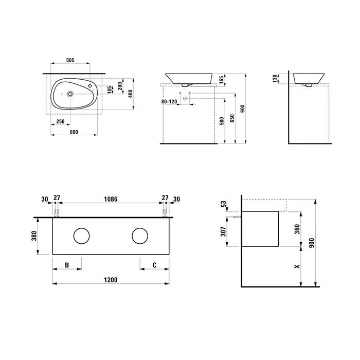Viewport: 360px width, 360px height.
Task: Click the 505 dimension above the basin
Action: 70,60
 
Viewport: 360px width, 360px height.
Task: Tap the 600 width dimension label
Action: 74,132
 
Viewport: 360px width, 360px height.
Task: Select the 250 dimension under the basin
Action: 60,121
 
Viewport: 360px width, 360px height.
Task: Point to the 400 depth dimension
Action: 130,94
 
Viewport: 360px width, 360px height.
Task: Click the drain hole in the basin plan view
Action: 70,94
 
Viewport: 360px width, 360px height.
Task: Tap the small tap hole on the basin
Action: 90,86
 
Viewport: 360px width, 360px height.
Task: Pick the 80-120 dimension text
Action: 169,101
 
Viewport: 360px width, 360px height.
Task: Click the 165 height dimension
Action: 221,80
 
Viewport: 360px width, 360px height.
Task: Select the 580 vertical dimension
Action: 222,121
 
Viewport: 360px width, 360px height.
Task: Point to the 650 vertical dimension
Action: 232,118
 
